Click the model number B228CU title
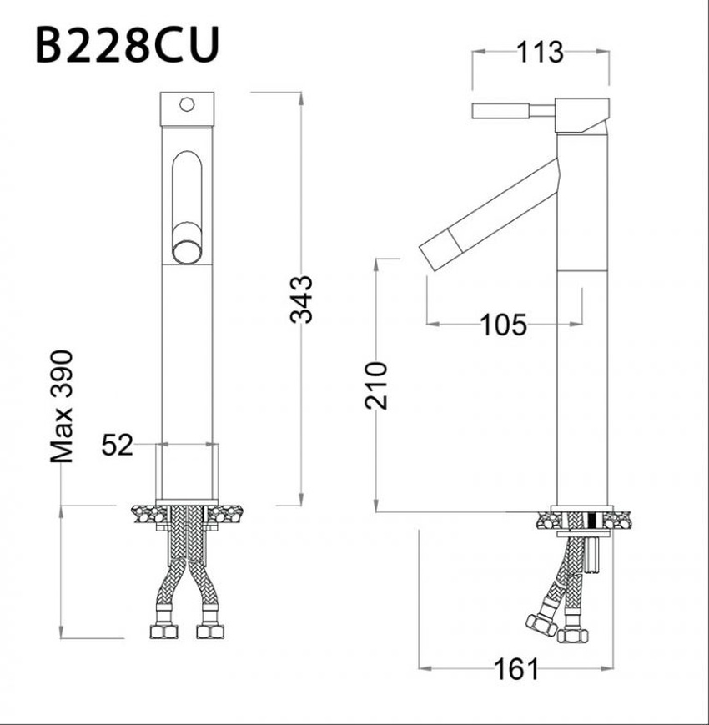pyautogui.click(x=127, y=45)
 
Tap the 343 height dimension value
pyautogui.click(x=301, y=300)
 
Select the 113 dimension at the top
pyautogui.click(x=540, y=53)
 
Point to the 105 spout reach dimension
pyautogui.click(x=503, y=325)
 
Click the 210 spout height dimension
pyautogui.click(x=375, y=386)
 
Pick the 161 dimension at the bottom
pyautogui.click(x=516, y=669)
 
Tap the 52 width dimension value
pyautogui.click(x=117, y=445)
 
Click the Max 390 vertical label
pyautogui.click(x=62, y=406)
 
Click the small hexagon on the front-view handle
pyautogui.click(x=187, y=104)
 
